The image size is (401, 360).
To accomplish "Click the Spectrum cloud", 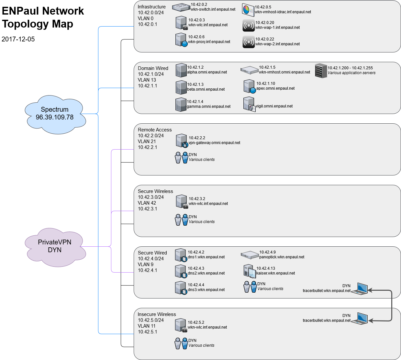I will tap(55, 114).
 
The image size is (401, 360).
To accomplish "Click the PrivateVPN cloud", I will tap(55, 246).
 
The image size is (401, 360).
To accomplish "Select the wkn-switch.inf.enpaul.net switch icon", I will tap(181, 7).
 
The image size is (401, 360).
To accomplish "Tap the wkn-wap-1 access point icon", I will tap(249, 25).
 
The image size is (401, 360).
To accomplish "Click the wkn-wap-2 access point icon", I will tap(249, 42).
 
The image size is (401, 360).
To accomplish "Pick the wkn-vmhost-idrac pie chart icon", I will tap(248, 10).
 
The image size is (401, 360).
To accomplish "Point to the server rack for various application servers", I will tap(321, 71).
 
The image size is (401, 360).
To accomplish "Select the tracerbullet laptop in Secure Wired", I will tap(360, 288).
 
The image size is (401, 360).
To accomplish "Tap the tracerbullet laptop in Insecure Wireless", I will tap(360, 318).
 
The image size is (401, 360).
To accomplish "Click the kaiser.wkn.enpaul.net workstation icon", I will tap(250, 271).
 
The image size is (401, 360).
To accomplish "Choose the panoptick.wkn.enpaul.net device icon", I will tap(250, 255).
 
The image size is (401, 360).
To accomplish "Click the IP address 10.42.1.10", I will tap(266, 84).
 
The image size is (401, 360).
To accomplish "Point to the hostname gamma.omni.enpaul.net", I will tap(209, 107).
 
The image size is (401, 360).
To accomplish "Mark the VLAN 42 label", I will tap(147, 203).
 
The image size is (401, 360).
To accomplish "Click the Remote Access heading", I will tap(155, 130).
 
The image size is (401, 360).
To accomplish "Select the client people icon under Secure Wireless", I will tap(181, 219).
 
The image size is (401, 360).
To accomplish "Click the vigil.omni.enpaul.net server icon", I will tap(249, 104).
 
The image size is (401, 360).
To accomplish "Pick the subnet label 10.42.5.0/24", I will tap(151, 320).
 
